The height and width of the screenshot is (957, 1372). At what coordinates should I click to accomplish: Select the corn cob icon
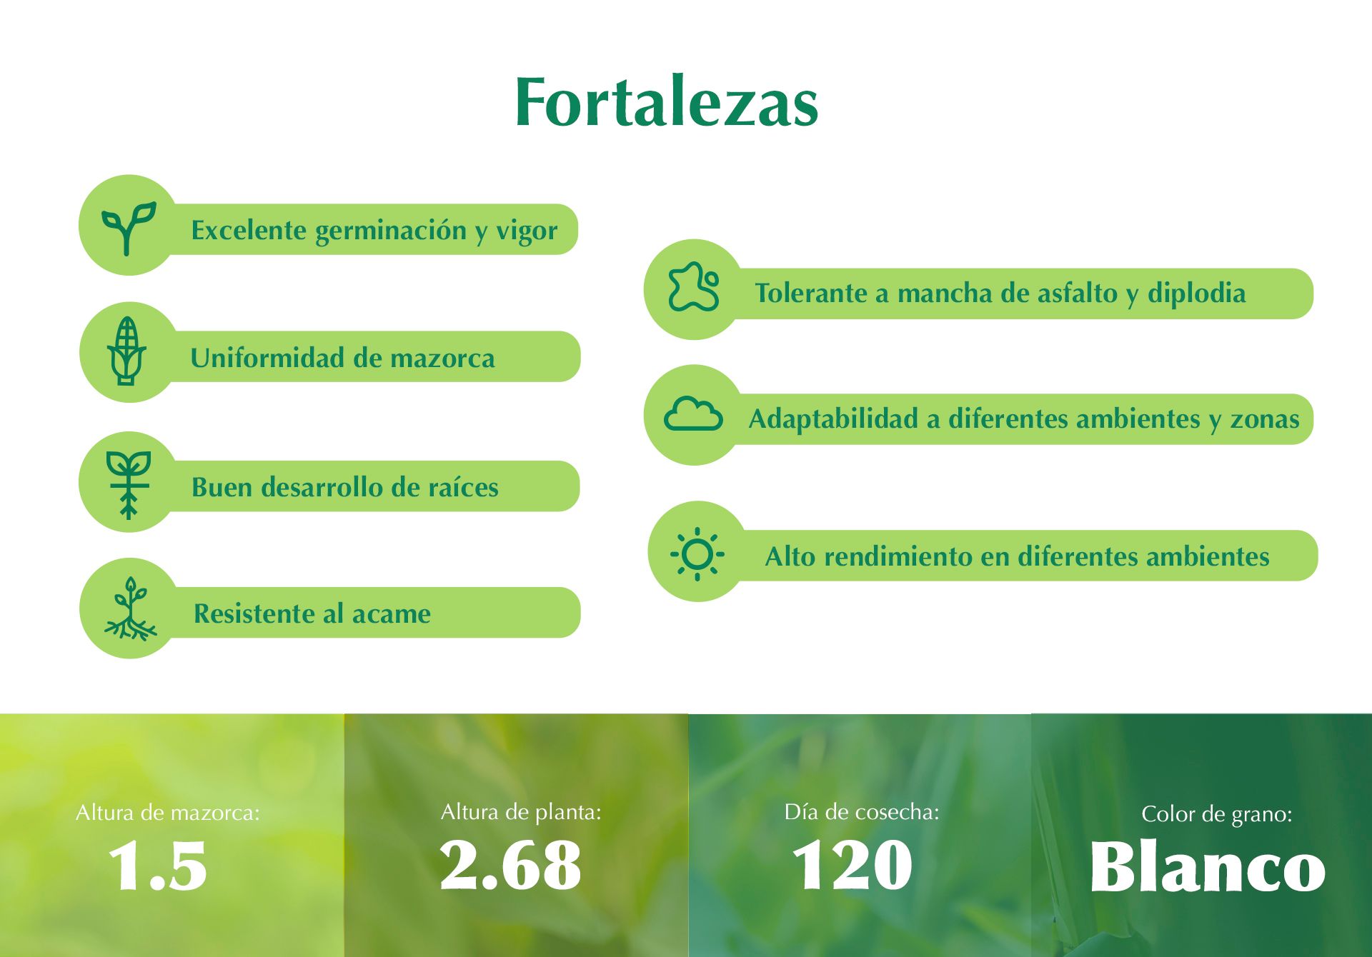126,351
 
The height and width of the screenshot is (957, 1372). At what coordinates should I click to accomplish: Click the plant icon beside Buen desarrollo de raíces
129,484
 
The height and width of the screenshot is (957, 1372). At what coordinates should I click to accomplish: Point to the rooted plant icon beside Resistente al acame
131,608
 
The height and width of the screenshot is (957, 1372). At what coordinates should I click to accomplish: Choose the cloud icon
693,414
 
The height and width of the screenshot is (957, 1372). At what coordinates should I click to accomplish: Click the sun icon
697,553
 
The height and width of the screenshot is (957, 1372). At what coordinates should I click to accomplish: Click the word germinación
390,231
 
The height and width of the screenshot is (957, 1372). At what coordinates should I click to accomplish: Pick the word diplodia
1196,294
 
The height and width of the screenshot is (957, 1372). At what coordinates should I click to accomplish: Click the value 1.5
158,866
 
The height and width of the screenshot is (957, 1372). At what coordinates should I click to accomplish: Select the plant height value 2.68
510,864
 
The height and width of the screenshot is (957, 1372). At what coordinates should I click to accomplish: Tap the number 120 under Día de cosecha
852,864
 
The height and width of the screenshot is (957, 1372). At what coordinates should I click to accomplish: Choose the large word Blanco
1208,866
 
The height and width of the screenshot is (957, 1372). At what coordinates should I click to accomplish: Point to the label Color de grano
1217,814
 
